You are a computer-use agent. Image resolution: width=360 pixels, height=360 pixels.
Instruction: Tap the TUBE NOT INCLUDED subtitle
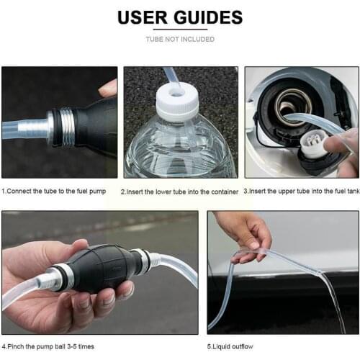pyautogui.click(x=180, y=39)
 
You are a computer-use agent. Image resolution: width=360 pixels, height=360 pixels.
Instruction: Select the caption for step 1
pyautogui.click(x=59, y=192)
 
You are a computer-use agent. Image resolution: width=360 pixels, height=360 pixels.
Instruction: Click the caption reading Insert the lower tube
pyautogui.click(x=180, y=192)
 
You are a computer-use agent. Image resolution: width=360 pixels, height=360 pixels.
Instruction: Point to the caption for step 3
pyautogui.click(x=301, y=192)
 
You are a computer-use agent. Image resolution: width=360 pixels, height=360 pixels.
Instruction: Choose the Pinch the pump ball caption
pyautogui.click(x=48, y=346)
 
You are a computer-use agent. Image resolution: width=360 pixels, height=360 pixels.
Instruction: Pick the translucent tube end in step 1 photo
pyautogui.click(x=22, y=130)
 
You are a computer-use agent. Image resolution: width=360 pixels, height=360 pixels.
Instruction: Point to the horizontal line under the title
pyautogui.click(x=180, y=30)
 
